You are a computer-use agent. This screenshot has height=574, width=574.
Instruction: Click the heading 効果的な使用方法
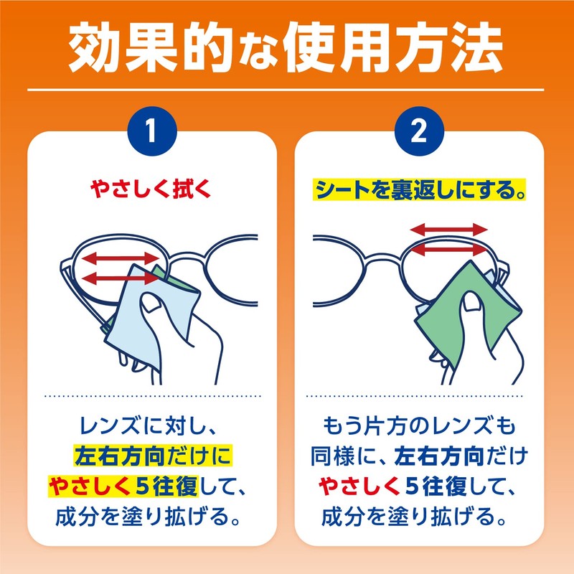tap(287, 46)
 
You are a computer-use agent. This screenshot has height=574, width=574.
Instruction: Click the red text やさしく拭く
tap(152, 190)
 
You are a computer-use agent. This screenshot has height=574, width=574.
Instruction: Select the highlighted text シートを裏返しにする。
tap(420, 191)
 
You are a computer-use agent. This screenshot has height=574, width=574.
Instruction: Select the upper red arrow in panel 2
tap(448, 230)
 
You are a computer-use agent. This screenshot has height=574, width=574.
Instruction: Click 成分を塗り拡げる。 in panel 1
tap(152, 516)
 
